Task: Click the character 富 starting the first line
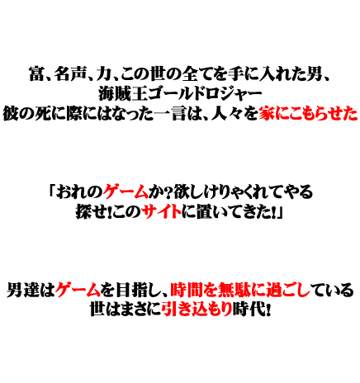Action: pyautogui.click(x=36, y=73)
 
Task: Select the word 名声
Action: pyautogui.click(x=69, y=73)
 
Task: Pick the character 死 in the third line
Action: pyautogui.click(x=42, y=114)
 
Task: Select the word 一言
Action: pyautogui.click(x=169, y=114)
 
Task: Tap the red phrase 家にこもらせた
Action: pyautogui.click(x=308, y=114)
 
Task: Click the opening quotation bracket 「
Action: pyautogui.click(x=52, y=191)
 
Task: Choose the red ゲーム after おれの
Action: pyautogui.click(x=126, y=191)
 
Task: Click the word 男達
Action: pyautogui.click(x=23, y=290)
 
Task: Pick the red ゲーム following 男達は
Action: pyautogui.click(x=78, y=290)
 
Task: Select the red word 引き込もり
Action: pyautogui.click(x=197, y=310)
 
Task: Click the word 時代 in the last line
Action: pyautogui.click(x=249, y=310)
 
